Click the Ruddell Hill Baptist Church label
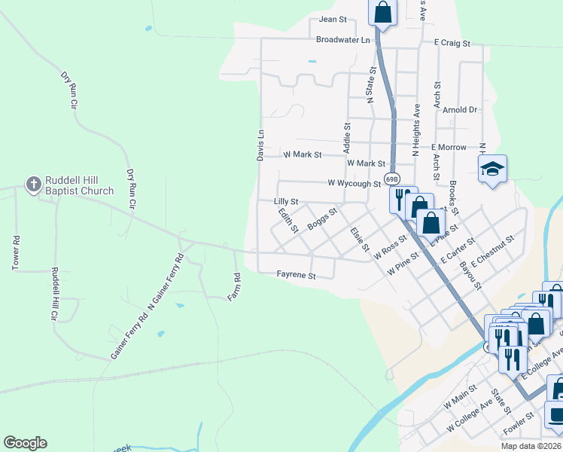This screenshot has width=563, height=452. tap(78, 185)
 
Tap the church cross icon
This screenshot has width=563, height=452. tap(33, 183)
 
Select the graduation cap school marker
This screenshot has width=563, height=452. tap(492, 168)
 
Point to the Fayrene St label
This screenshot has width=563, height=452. tap(295, 276)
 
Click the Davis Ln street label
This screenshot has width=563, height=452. tap(260, 143)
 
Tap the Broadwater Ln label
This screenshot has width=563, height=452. tap(343, 39)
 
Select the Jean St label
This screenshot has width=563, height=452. tap(332, 20)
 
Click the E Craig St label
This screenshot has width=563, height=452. tap(452, 44)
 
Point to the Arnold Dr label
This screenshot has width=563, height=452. tap(460, 109)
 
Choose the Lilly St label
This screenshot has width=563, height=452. tap(286, 202)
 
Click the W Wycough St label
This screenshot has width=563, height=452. tap(355, 183)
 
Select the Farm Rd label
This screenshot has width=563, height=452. tap(235, 287)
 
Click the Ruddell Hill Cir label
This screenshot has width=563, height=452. tap(54, 294)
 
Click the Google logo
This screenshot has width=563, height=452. tap(25, 443)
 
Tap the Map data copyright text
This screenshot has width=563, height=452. tap(531, 446)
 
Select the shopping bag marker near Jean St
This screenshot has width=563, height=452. tap(382, 13)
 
